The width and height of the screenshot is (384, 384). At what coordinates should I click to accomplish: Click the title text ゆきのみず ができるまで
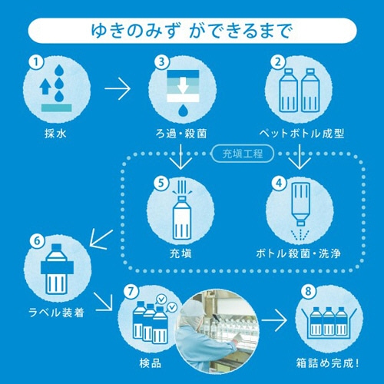(191, 32)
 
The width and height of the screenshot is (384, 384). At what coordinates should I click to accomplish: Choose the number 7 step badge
(130, 293)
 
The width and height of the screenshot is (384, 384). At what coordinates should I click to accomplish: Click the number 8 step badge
(307, 293)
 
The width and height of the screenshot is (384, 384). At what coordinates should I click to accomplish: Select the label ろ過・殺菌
(179, 133)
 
